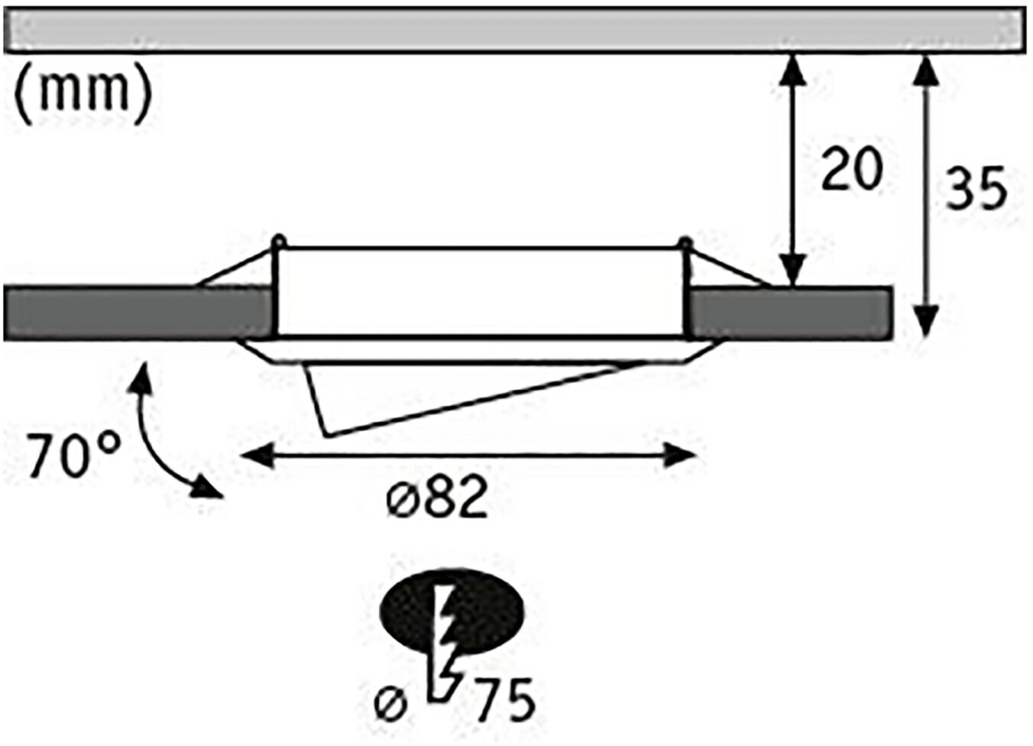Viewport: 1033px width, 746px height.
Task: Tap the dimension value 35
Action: (976, 187)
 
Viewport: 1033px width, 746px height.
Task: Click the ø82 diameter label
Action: (437, 498)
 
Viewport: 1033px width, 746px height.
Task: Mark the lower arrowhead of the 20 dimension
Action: (793, 271)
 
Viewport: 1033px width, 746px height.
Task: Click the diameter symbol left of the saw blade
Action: (390, 705)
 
